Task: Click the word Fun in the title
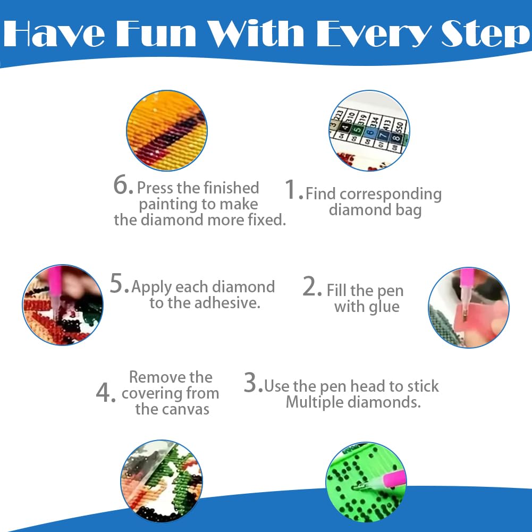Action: [x=156, y=33]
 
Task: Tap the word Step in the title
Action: [x=486, y=34]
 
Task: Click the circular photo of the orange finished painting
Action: [x=166, y=131]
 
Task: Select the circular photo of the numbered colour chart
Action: [x=369, y=131]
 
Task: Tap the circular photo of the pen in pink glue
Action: [x=469, y=307]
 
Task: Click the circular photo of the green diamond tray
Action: [x=366, y=483]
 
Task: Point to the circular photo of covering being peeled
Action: [x=162, y=481]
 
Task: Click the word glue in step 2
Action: [x=384, y=307]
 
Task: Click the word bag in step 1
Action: [x=409, y=210]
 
